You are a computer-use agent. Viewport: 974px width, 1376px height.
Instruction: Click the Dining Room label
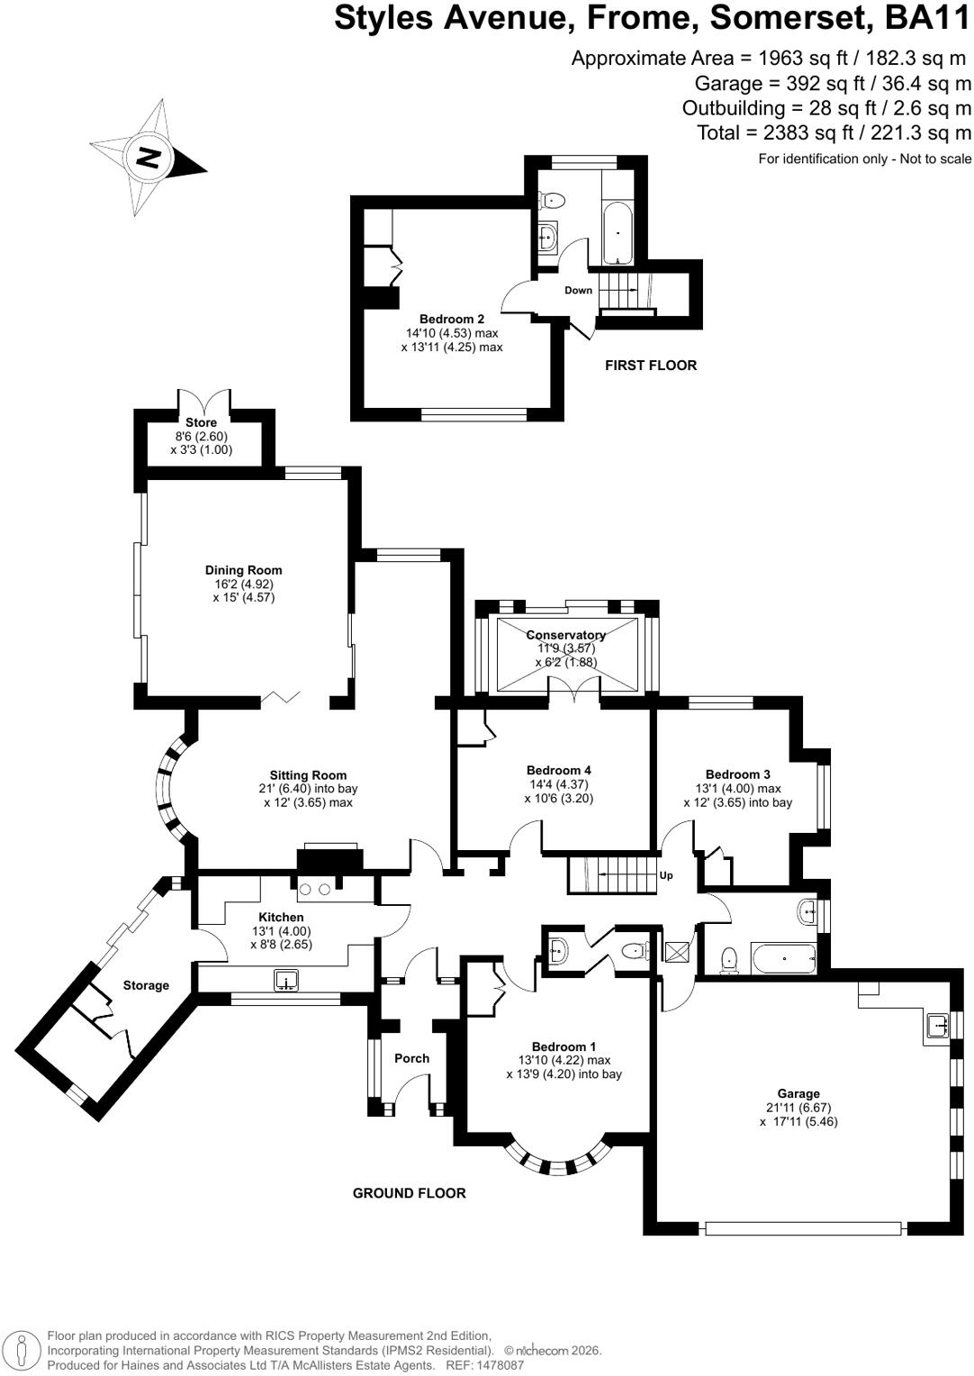(243, 570)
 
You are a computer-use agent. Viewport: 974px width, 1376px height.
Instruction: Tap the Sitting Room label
(308, 775)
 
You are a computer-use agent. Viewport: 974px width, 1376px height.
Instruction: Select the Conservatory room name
(565, 635)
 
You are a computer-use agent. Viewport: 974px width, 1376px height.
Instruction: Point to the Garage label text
(798, 1093)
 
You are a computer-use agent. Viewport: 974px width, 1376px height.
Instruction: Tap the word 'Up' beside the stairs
(666, 875)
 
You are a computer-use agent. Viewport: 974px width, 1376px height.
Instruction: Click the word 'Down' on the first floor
(579, 290)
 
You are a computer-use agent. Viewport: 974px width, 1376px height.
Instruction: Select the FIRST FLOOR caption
(651, 366)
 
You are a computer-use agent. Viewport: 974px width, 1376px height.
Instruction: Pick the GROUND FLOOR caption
(409, 1193)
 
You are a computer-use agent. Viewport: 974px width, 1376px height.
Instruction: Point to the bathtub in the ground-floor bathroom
(783, 957)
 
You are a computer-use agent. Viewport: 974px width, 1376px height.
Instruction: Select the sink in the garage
(936, 1025)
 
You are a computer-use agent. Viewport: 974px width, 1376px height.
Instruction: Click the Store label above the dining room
(202, 422)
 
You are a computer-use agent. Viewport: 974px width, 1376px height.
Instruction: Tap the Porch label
(411, 1058)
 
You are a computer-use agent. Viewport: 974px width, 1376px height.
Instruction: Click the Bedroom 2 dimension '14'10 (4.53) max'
(452, 333)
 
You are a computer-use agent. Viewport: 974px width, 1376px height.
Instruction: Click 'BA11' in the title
(927, 18)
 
